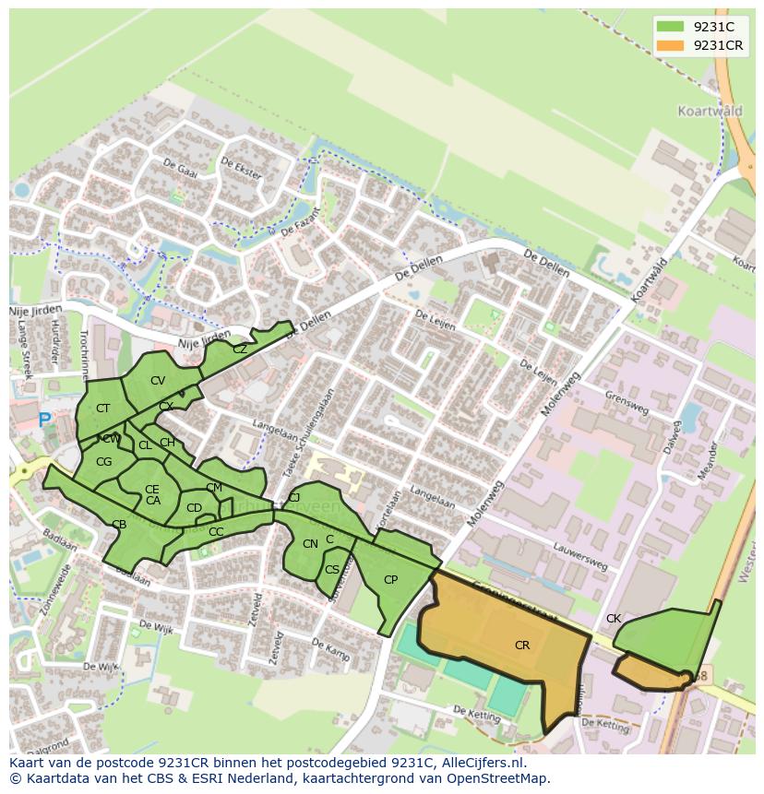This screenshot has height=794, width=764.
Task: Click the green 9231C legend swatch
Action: (670, 27)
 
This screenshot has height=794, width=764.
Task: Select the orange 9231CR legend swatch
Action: (670, 45)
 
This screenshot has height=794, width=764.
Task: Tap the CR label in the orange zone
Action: (522, 646)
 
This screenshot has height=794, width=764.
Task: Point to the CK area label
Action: (614, 619)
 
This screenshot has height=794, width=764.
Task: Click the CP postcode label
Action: (390, 580)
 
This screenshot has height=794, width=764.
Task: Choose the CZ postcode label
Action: (240, 350)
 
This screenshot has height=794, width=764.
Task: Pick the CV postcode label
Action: (158, 381)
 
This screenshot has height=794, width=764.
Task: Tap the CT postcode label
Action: (102, 409)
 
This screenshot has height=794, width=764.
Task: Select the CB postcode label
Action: (119, 525)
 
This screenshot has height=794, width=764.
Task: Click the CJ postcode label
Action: (294, 498)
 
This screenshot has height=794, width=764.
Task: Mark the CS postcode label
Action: (331, 570)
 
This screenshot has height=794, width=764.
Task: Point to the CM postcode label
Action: (214, 488)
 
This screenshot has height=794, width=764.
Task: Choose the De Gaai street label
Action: (180, 168)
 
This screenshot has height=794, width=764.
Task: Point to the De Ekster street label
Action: (242, 167)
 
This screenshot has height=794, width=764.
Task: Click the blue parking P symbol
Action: (44, 420)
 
